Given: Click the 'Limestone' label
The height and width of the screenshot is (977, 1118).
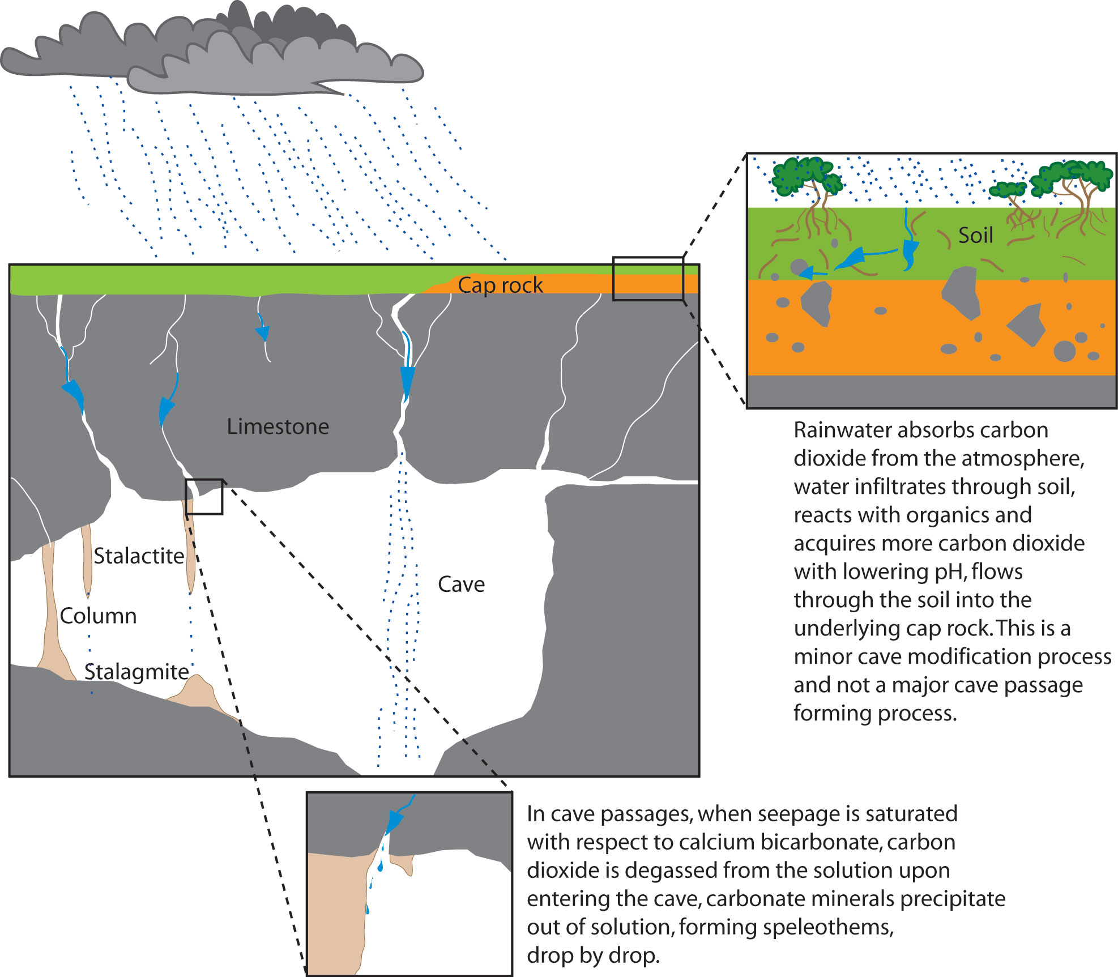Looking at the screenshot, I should pyautogui.click(x=278, y=426).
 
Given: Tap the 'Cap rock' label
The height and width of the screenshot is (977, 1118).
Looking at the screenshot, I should pyautogui.click(x=500, y=285).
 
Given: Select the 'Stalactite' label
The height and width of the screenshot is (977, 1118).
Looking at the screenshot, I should pyautogui.click(x=139, y=556).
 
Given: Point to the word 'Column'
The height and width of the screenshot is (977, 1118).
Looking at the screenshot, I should pyautogui.click(x=98, y=616).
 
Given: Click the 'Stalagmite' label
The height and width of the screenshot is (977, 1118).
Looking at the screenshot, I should pyautogui.click(x=136, y=672).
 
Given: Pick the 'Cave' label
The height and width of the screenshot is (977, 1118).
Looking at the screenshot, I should pyautogui.click(x=461, y=584).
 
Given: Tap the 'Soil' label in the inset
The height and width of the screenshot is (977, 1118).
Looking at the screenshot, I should pyautogui.click(x=975, y=235).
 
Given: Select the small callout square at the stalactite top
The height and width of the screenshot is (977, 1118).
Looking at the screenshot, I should pyautogui.click(x=204, y=497).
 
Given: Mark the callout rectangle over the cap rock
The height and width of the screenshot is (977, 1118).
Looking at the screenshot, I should pyautogui.click(x=648, y=278).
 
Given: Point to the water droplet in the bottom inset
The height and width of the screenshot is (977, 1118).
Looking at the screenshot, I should pyautogui.click(x=380, y=866).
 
